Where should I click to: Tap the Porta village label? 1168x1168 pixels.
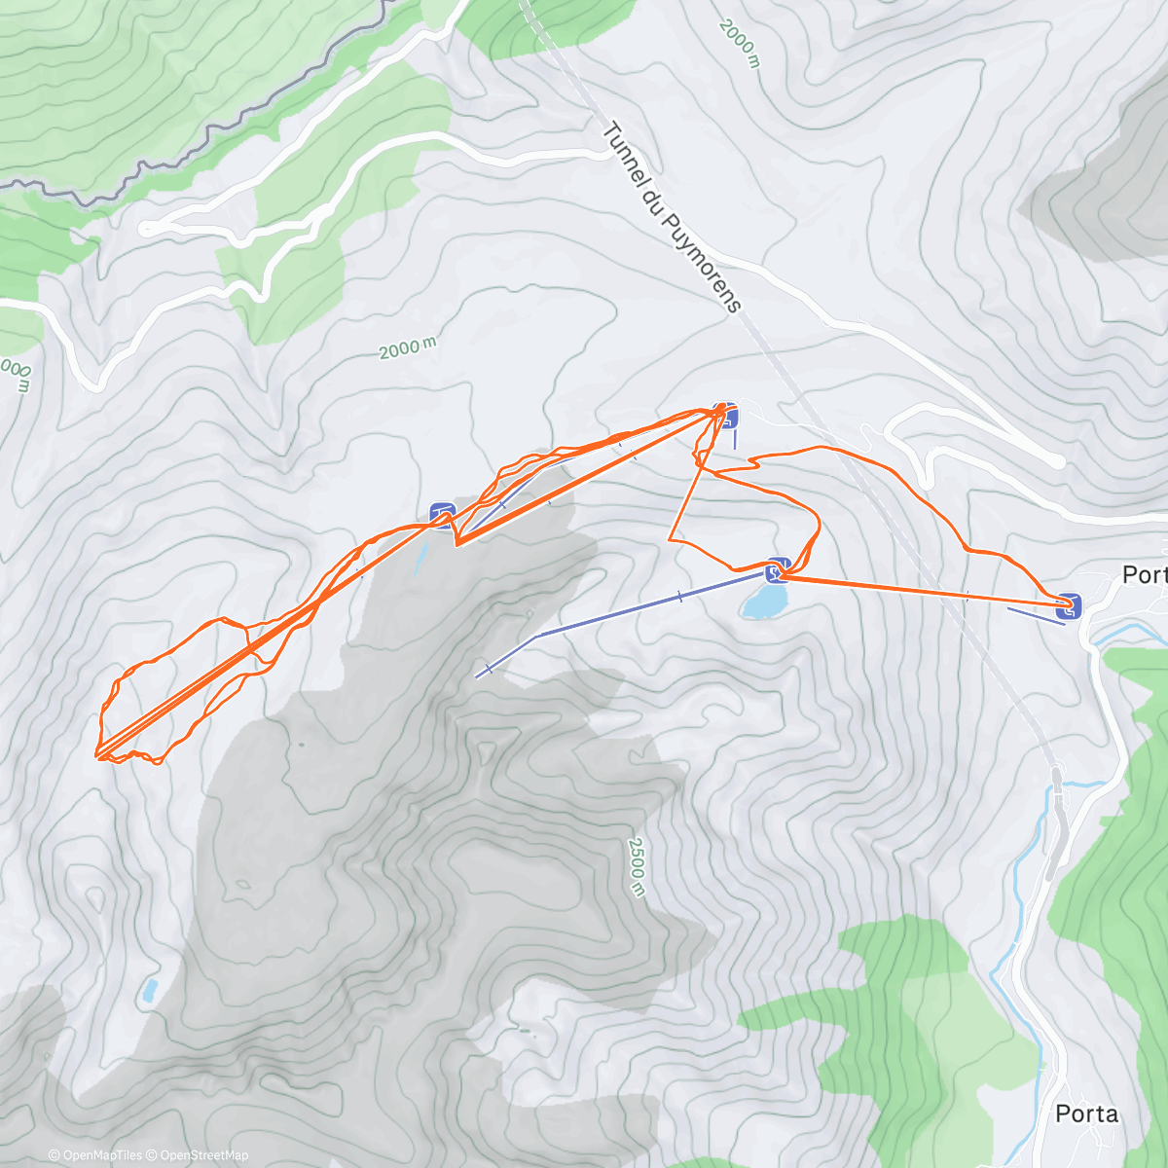click(x=1086, y=1113)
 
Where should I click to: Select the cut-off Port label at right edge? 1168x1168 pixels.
click(x=1144, y=574)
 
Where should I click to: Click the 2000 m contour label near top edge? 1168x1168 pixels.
click(x=739, y=42)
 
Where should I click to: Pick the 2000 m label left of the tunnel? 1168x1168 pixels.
click(x=408, y=347)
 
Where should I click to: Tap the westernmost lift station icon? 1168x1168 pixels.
click(x=442, y=512)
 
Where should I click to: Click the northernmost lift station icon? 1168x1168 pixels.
click(x=726, y=414)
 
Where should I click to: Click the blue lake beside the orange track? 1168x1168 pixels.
click(x=763, y=602)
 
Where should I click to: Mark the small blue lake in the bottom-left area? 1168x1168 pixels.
click(x=149, y=991)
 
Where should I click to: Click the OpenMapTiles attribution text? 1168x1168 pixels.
click(x=95, y=1155)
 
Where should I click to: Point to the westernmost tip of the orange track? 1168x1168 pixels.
click(x=96, y=754)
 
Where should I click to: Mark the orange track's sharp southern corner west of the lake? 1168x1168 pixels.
click(x=670, y=538)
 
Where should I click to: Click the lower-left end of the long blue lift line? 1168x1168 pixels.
click(x=477, y=675)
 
